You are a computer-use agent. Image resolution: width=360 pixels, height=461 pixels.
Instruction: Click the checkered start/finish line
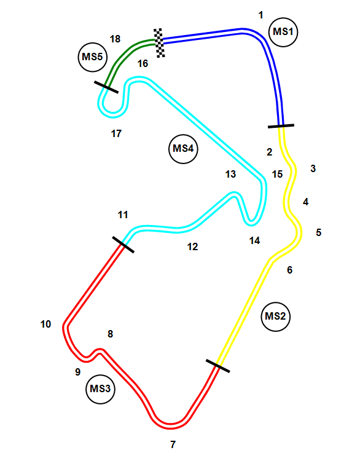pos(159,43)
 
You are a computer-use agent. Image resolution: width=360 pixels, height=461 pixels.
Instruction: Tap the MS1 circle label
pos(283,32)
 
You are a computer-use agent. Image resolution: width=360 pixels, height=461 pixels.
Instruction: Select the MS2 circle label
pos(275,317)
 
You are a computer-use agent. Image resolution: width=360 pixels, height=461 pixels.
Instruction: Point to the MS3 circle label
pos(100,389)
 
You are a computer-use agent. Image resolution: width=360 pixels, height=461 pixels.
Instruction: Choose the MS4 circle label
pos(183,149)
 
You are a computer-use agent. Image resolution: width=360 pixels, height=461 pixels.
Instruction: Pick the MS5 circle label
pos(93,57)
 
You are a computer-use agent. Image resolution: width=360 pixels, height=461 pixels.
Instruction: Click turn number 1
pos(260,15)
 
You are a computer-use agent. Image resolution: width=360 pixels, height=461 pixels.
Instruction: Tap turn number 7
pos(173,444)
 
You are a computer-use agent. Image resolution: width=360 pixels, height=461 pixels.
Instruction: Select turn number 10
pos(45,324)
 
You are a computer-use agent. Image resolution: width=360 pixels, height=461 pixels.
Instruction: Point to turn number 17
pos(116,134)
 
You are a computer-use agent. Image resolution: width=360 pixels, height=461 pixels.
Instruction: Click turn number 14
pos(254,241)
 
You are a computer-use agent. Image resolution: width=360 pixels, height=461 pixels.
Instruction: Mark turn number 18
pos(115,39)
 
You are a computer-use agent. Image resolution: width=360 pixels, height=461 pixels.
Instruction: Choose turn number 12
pos(192,246)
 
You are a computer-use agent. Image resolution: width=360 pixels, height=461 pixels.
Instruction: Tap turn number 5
pos(319,232)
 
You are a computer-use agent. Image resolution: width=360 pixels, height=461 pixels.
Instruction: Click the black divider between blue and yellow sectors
pos(281,126)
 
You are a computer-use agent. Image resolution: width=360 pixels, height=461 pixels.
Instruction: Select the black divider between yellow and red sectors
pos(217,366)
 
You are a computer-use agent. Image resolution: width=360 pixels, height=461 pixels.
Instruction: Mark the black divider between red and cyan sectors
pos(123,244)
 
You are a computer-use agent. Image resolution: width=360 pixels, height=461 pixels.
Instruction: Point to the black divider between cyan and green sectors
pos(106,87)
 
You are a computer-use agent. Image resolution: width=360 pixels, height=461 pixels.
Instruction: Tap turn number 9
pos(77,372)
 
